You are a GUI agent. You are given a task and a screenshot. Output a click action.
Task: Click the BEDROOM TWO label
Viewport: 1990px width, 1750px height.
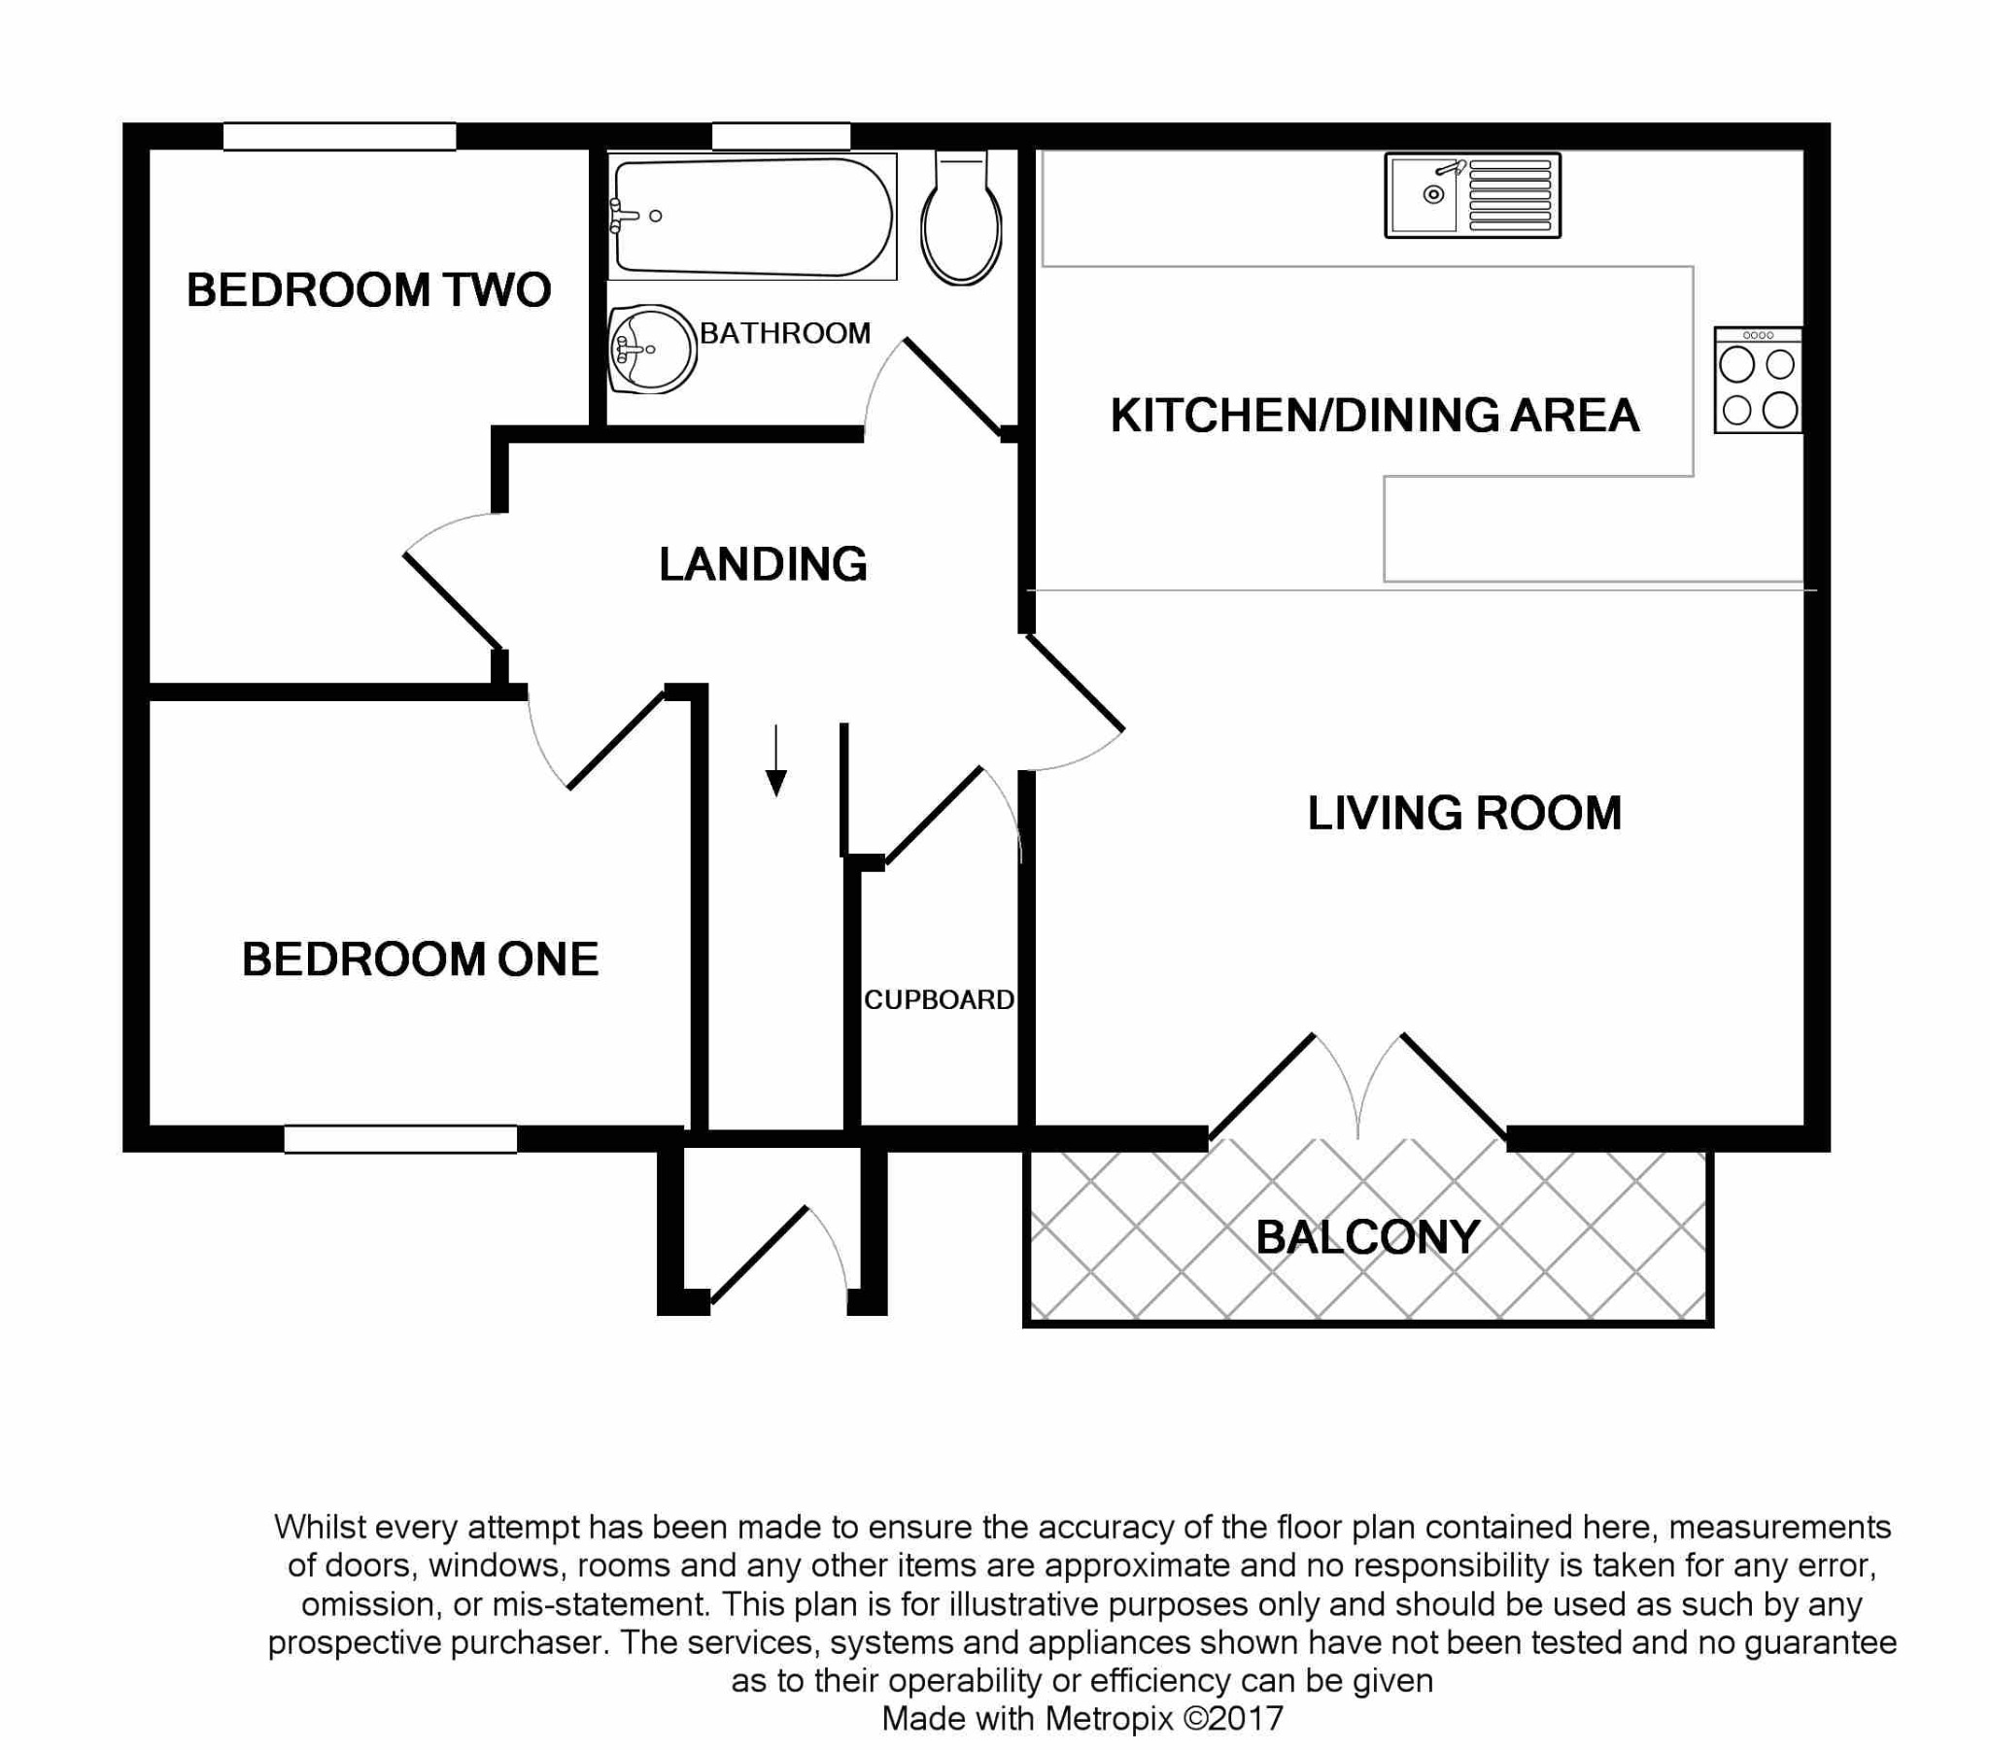point(368,290)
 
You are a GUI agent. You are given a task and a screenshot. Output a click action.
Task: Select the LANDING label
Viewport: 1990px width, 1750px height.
point(763,564)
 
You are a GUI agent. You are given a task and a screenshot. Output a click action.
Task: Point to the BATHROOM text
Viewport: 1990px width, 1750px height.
point(785,334)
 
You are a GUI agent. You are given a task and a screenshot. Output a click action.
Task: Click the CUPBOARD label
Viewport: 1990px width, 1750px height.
point(939,999)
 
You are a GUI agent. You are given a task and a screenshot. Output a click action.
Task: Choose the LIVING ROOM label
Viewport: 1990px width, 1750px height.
point(1463,814)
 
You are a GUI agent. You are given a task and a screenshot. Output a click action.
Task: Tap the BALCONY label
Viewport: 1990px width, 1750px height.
point(1367,1238)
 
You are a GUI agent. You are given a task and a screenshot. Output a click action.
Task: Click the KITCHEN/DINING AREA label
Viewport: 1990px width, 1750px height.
point(1374,416)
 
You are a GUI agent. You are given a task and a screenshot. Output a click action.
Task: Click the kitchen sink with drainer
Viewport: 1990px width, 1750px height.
point(1472,195)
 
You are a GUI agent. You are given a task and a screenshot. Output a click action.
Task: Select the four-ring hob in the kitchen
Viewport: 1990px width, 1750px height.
point(1758,381)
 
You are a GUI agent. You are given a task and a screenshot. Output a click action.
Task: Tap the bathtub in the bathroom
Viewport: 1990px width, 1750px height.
point(752,216)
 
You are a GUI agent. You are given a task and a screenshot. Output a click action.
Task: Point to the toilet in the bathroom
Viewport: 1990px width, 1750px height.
point(961,222)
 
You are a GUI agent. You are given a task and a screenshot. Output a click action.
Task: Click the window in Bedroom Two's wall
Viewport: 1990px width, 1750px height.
point(340,136)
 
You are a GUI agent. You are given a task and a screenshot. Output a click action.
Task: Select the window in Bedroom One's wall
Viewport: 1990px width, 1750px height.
point(400,1139)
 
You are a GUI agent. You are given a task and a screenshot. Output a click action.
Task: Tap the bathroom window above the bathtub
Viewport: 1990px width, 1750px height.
point(781,136)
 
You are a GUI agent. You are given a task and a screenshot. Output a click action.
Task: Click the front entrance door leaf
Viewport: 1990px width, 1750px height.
point(759,1256)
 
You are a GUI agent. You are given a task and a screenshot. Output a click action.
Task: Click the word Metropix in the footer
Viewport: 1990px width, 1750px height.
point(1109,1719)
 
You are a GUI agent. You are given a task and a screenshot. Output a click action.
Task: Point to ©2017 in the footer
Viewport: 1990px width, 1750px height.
point(1233,1719)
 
